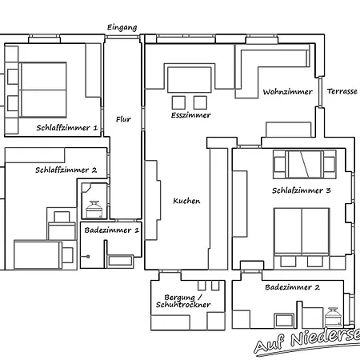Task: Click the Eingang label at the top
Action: pyautogui.click(x=122, y=27)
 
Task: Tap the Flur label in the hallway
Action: pyautogui.click(x=123, y=119)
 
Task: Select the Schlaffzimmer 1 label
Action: pyautogui.click(x=67, y=128)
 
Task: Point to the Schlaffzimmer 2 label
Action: pyautogui.click(x=66, y=170)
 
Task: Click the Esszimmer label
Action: pyautogui.click(x=191, y=115)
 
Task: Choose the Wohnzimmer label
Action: pyautogui.click(x=288, y=92)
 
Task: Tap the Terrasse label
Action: pyautogui.click(x=342, y=91)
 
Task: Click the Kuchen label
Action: pyautogui.click(x=186, y=201)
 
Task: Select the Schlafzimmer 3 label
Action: pyautogui.click(x=302, y=190)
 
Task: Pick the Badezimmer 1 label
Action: pyautogui.click(x=112, y=230)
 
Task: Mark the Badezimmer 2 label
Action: pyautogui.click(x=292, y=287)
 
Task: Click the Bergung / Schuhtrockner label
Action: pyautogui.click(x=183, y=301)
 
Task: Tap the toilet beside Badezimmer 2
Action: pyautogui.click(x=334, y=317)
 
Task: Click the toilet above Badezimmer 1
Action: pyautogui.click(x=94, y=210)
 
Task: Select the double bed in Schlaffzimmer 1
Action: pyautogui.click(x=43, y=90)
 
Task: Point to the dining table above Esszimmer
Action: pyautogui.click(x=190, y=80)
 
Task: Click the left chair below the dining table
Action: pyautogui.click(x=178, y=102)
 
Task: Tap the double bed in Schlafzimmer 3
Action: pyautogui.click(x=302, y=231)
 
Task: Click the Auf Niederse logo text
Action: pyautogui.click(x=307, y=342)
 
